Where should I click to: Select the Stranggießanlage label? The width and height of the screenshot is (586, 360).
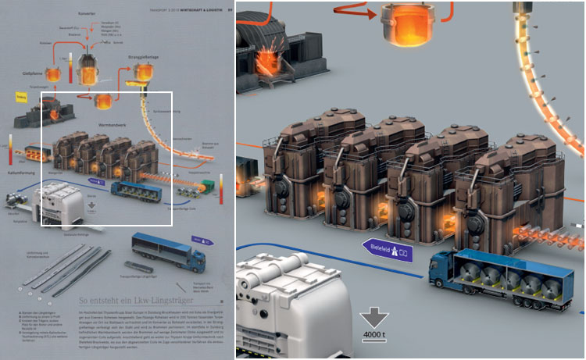pos(145,57)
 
